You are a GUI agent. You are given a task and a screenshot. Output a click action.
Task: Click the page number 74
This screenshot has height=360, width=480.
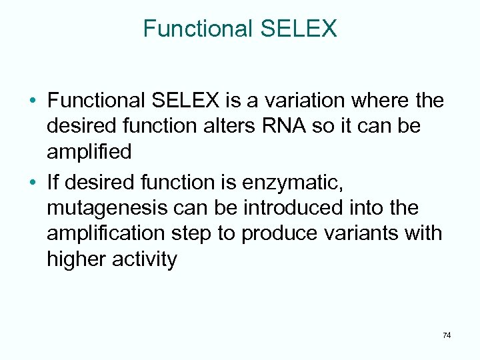pyautogui.click(x=446, y=335)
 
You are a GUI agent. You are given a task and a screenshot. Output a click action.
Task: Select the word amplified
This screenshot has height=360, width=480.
pyautogui.click(x=89, y=151)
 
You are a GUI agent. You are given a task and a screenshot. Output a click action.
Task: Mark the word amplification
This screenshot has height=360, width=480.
pyautogui.click(x=103, y=233)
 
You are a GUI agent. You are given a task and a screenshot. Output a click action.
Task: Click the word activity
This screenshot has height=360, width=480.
pyautogui.click(x=146, y=259)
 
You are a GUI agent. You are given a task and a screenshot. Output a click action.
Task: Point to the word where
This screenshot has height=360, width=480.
pyautogui.click(x=383, y=101)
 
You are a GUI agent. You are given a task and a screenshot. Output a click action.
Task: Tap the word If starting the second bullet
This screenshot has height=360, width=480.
pyautogui.click(x=53, y=183)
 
